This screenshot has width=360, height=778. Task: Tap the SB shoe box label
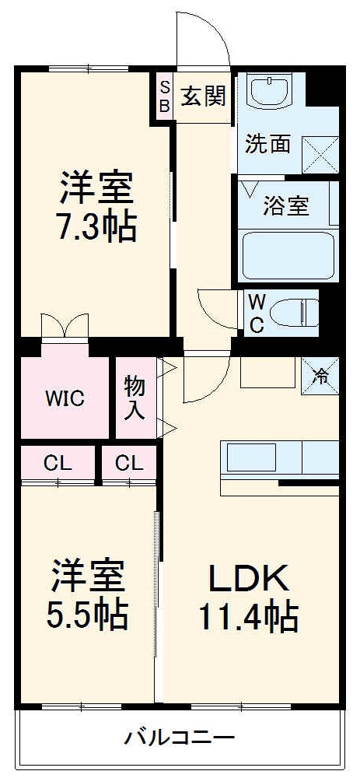(164, 96)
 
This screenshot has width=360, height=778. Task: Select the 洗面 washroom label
(268, 144)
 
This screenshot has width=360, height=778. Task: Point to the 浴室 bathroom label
(285, 206)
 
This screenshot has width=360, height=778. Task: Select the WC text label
(256, 313)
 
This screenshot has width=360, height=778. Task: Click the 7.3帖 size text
(98, 226)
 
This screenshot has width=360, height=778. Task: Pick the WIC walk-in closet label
(65, 398)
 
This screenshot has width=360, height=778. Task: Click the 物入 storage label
(135, 398)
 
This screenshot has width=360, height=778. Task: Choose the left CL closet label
(58, 464)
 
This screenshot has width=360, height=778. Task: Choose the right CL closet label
(129, 464)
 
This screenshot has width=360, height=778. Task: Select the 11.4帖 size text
(249, 617)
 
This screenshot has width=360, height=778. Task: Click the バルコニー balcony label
(179, 737)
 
